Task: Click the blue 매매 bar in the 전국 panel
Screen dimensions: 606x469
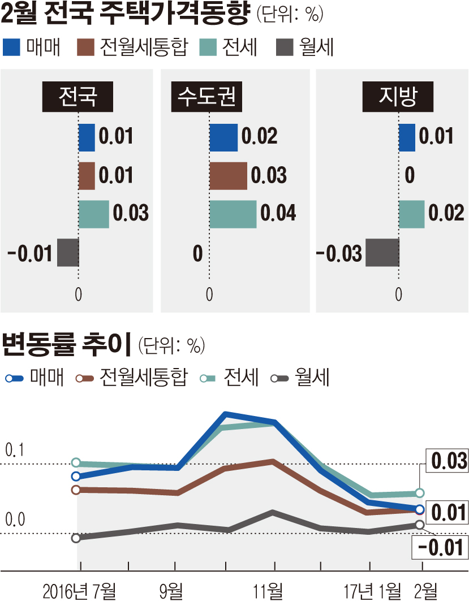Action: (x=87, y=137)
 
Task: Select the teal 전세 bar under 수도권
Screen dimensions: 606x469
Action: (x=233, y=214)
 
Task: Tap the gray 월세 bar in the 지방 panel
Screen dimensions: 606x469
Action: (x=382, y=253)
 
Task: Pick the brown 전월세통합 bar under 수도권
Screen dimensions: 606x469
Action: (x=228, y=176)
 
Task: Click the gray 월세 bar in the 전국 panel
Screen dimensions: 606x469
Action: (x=67, y=253)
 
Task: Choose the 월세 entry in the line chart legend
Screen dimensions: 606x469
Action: (x=300, y=378)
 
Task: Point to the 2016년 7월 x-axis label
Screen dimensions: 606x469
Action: (x=79, y=592)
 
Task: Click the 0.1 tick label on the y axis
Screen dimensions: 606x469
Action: (x=16, y=451)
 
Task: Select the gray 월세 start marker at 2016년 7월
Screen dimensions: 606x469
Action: (x=76, y=538)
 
